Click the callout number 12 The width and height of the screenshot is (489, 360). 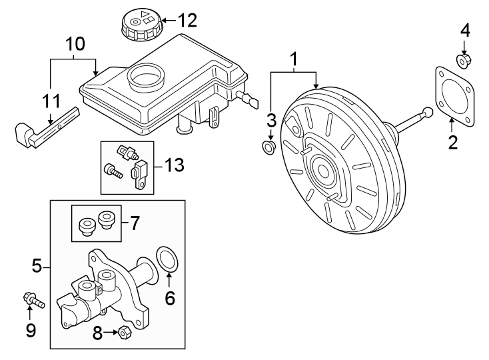pos(188,21)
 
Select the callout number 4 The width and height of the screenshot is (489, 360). pos(464,31)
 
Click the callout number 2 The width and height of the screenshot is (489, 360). pos(453,142)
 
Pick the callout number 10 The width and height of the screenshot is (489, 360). pos(75,45)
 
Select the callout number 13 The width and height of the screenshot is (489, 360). pos(174,165)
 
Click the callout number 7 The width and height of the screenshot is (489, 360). pos(134,223)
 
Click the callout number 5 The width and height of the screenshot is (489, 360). pos(37,267)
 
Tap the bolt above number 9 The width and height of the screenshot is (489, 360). pos(32,301)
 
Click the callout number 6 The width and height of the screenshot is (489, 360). pos(169,298)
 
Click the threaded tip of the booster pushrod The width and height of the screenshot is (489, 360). pos(428,113)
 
